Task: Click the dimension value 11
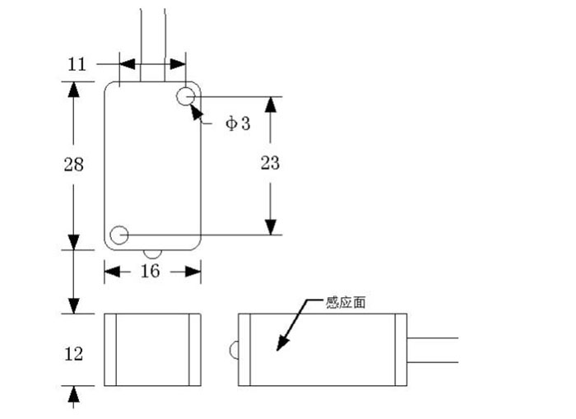(x=77, y=64)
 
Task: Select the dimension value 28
(x=74, y=165)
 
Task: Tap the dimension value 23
(x=270, y=163)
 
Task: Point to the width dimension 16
(x=150, y=272)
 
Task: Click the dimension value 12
(x=74, y=353)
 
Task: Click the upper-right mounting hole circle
(x=186, y=95)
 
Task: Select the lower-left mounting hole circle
(x=119, y=235)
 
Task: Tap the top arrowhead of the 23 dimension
(x=270, y=105)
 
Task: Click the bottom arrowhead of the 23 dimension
(x=270, y=226)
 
